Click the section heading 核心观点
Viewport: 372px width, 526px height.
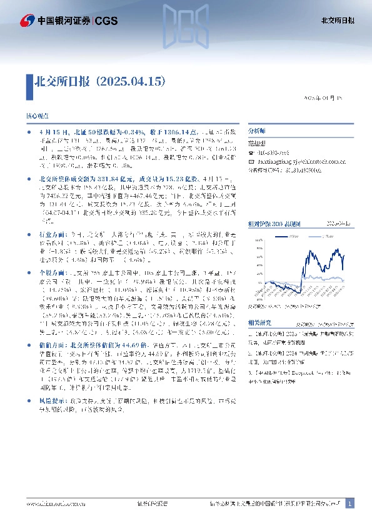[x=36, y=117]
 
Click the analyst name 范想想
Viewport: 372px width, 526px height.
[x=258, y=142]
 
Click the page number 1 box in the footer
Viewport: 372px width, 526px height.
[x=350, y=504]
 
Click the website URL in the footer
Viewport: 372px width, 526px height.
[x=56, y=504]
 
